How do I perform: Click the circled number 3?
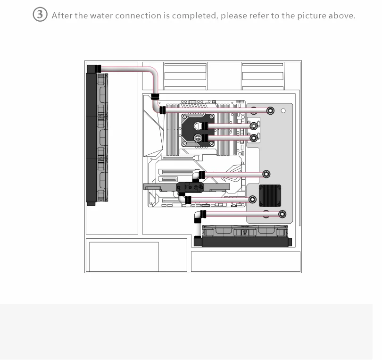pyautogui.click(x=40, y=15)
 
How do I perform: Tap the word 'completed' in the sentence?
pyautogui.click(x=193, y=16)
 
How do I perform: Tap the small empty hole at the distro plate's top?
pyautogui.click(x=283, y=111)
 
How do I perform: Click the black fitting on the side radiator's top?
pyautogui.click(x=99, y=68)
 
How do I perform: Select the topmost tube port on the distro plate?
pyautogui.click(x=271, y=111)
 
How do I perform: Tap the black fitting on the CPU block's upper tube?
pyautogui.click(x=205, y=126)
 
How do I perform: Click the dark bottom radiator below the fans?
pyautogui.click(x=246, y=242)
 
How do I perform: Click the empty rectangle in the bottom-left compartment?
pyautogui.click(x=124, y=256)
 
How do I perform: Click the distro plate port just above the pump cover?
pyautogui.click(x=266, y=174)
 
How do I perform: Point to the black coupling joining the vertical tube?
pyautogui.click(x=155, y=97)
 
